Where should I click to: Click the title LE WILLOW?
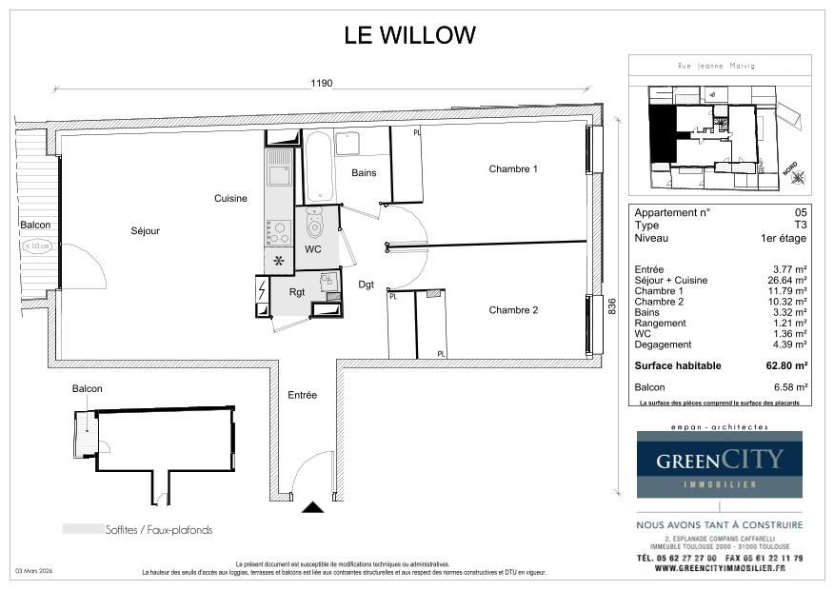(x=409, y=36)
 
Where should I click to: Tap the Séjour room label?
(x=146, y=231)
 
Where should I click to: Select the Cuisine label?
(x=230, y=199)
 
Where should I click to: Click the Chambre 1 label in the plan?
(x=513, y=169)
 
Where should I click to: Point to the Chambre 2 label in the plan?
(x=513, y=310)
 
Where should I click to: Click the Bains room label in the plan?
(x=364, y=173)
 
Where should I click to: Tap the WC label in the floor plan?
(x=313, y=249)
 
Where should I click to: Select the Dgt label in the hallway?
(x=366, y=285)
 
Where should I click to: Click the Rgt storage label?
(x=297, y=292)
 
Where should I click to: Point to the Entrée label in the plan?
(x=302, y=395)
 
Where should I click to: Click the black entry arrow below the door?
(x=312, y=509)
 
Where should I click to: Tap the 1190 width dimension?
(x=321, y=84)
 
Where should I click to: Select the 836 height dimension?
(x=612, y=307)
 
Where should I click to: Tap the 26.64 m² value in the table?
(x=789, y=281)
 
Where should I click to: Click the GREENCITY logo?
(x=719, y=463)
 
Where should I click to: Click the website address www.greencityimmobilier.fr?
(x=719, y=569)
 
